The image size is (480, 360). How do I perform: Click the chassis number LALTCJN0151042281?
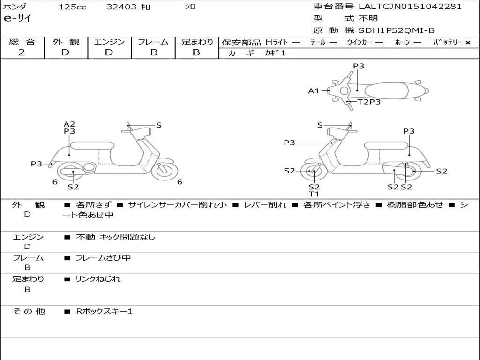tap(410, 6)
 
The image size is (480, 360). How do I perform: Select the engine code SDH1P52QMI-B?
tap(397, 30)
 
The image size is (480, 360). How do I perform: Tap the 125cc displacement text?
tap(72, 7)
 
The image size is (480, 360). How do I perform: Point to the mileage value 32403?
tap(121, 7)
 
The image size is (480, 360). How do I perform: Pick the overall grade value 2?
tap(22, 52)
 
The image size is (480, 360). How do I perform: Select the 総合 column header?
tap(22, 42)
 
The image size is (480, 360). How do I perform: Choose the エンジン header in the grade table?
tap(109, 42)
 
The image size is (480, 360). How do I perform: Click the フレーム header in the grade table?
tap(153, 42)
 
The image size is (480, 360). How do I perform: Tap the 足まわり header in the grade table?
tap(197, 42)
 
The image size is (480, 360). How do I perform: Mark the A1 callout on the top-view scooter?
tap(313, 91)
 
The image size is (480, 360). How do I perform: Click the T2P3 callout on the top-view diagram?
tap(369, 102)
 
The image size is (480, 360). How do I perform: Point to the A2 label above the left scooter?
tap(69, 124)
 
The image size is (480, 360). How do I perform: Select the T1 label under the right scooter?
tap(314, 194)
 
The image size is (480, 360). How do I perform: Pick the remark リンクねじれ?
tap(98, 279)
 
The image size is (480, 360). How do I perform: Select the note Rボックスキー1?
tap(104, 311)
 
